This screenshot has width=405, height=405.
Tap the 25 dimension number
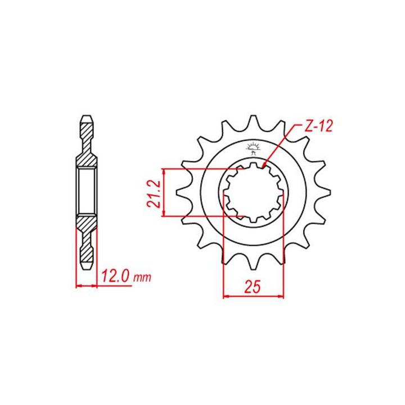(253, 287)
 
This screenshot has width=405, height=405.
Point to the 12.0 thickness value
(117, 276)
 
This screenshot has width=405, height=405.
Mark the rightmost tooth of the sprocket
(325, 193)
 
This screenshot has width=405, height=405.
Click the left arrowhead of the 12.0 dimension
(78, 286)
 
